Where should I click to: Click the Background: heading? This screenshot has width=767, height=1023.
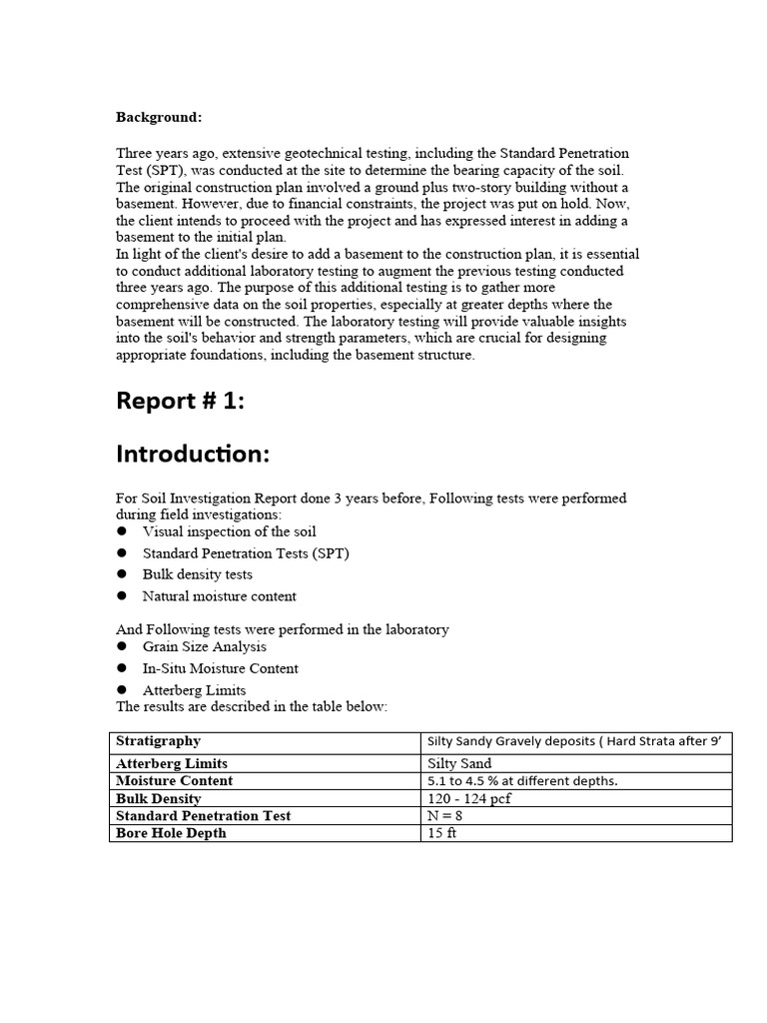pyautogui.click(x=159, y=118)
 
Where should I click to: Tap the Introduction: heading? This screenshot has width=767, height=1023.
pyautogui.click(x=193, y=454)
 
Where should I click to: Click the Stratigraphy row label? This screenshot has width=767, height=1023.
pyautogui.click(x=158, y=741)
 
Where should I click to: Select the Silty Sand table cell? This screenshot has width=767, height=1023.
pyautogui.click(x=459, y=764)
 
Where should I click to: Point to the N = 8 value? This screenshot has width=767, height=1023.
pyautogui.click(x=444, y=816)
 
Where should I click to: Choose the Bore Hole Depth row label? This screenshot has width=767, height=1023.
pyautogui.click(x=171, y=833)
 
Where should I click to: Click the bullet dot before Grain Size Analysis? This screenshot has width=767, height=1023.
pyautogui.click(x=122, y=647)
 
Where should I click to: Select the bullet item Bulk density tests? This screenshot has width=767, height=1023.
pyautogui.click(x=198, y=575)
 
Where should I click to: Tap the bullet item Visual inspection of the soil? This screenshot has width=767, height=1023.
pyautogui.click(x=229, y=532)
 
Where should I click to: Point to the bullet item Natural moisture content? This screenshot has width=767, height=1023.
pyautogui.click(x=220, y=596)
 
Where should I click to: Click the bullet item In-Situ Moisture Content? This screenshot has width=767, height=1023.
pyautogui.click(x=221, y=668)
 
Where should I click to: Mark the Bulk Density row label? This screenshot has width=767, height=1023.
pyautogui.click(x=158, y=799)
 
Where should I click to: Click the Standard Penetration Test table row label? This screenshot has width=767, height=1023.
pyautogui.click(x=203, y=816)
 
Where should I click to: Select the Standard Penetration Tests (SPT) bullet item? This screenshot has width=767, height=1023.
pyautogui.click(x=246, y=553)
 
